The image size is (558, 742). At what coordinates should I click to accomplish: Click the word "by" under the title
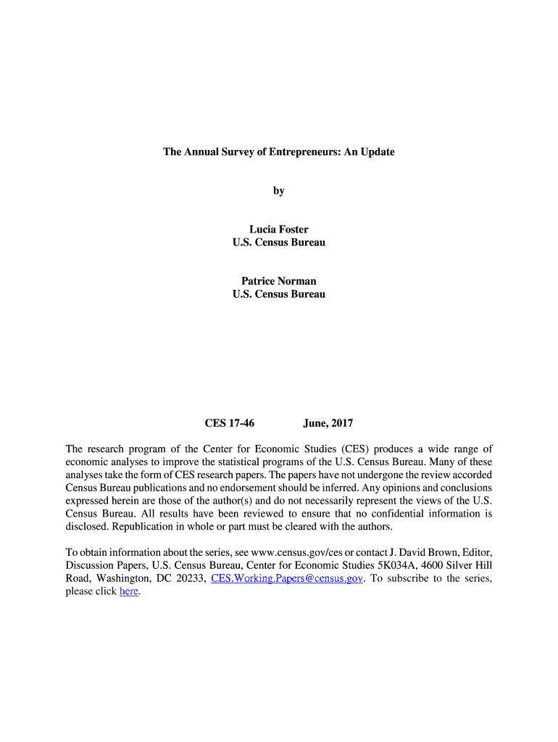279,191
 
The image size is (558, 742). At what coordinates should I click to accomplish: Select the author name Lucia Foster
279,230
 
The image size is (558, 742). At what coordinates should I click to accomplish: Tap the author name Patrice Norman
279,281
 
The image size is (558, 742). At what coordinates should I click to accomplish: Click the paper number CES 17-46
230,423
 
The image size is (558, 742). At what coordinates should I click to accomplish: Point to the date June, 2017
328,423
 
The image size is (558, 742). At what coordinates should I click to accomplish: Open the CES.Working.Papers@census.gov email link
286,578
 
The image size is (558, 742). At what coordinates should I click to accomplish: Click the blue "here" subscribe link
128,591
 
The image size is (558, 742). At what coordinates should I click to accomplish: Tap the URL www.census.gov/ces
296,552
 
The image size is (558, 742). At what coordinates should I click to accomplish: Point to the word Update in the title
378,153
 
